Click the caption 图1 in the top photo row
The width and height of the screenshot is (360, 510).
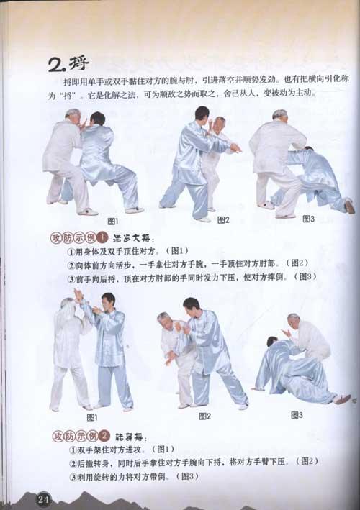coord(113,221)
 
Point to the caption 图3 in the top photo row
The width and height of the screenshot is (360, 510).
coord(308,218)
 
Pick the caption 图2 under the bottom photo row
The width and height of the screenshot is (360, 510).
coord(204,416)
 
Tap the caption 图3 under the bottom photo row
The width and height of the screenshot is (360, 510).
coord(297,414)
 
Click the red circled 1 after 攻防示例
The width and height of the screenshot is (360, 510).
coord(103,237)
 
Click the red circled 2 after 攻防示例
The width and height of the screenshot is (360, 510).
coord(104,436)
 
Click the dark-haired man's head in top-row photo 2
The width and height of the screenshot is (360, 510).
coord(202,114)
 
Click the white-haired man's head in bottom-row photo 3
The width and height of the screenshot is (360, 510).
coord(294,319)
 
